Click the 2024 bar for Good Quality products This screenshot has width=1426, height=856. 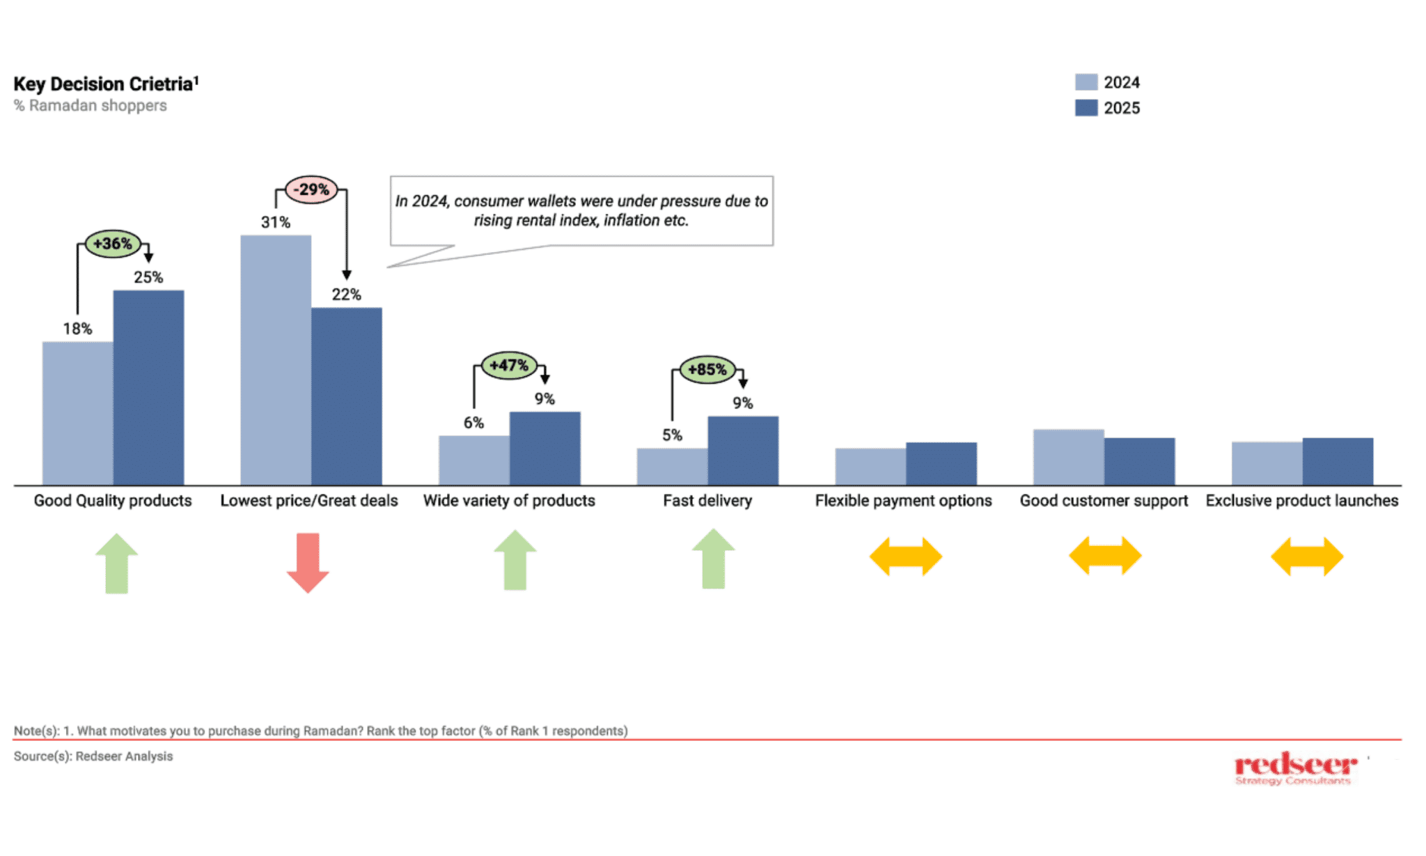pos(77,413)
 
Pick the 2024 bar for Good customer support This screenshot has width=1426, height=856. pos(1068,457)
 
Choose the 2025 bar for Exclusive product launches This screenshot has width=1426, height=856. pos(1337,461)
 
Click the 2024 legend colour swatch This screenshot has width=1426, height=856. pos(1086,82)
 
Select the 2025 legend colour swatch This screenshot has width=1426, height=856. pos(1086,108)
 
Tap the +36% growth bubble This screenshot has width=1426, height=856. pos(112,244)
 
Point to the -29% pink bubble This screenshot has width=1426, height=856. pos(311,189)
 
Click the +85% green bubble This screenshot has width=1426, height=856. pos(707,369)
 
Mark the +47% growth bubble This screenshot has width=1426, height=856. pos(509,365)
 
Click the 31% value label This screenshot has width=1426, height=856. pos(276,222)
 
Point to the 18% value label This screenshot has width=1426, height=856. pos(77,329)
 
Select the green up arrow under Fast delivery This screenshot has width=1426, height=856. pos(713,559)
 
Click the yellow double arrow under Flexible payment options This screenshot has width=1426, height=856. pos(905,557)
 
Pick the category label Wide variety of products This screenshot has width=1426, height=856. pos(509,501)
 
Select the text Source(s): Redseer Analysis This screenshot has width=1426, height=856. pos(93,756)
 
